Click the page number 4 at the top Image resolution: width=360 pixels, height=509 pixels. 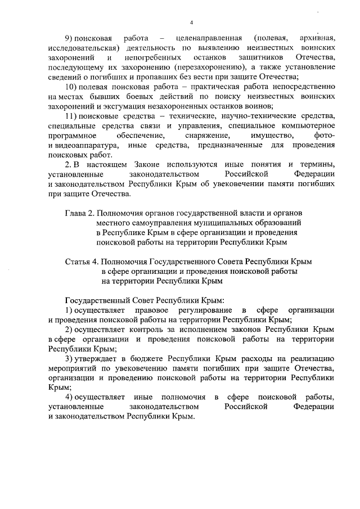tap(191, 22)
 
